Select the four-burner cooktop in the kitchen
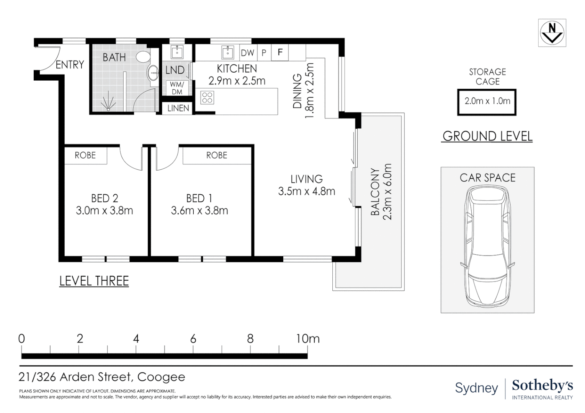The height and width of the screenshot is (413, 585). pos(207,98)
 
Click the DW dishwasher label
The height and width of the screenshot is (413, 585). pos(247,53)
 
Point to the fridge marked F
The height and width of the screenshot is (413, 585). pos(280,52)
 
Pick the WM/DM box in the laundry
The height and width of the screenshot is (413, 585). pos(177,88)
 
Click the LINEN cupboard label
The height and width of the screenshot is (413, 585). pos(178,108)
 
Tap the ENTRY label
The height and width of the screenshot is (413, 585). pos(70,65)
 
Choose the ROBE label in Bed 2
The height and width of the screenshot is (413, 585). pos(85,156)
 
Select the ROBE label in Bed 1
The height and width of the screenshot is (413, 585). pos(216,156)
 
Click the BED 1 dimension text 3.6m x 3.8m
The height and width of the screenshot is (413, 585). pos(199,211)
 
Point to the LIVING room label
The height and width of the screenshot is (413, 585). pos(307,179)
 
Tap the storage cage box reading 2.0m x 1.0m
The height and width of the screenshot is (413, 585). pos(487,102)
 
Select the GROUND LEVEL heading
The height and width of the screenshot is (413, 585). pos(487,136)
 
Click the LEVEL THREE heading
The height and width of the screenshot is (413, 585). pos(94,281)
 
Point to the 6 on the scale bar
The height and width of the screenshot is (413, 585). pos(193,339)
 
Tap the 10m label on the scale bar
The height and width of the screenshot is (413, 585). pos(308,339)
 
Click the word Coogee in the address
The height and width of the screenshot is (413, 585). pos(161,377)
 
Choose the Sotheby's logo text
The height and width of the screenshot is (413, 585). pos(543,385)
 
